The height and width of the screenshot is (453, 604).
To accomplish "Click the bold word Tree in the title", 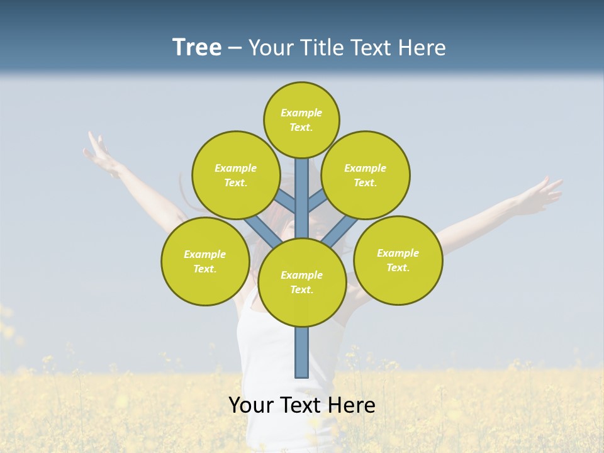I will pyautogui.click(x=197, y=47).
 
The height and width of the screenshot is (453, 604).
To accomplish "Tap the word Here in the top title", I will pyautogui.click(x=423, y=47).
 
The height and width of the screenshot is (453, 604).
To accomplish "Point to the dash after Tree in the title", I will pyautogui.click(x=235, y=48).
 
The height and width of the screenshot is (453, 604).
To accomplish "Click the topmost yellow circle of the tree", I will pyautogui.click(x=301, y=120).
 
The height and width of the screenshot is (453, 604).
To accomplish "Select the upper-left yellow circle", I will pyautogui.click(x=236, y=175).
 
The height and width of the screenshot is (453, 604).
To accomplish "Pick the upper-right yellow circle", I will pyautogui.click(x=366, y=175).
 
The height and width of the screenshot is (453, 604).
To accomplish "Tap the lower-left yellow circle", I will pyautogui.click(x=205, y=261).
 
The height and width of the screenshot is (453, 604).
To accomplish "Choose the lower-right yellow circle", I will pyautogui.click(x=398, y=260).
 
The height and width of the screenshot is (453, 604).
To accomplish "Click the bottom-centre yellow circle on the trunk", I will pyautogui.click(x=302, y=282).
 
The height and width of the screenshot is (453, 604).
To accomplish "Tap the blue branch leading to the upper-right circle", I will pyautogui.click(x=317, y=201).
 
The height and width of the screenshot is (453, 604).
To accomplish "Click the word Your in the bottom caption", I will pyautogui.click(x=250, y=405).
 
